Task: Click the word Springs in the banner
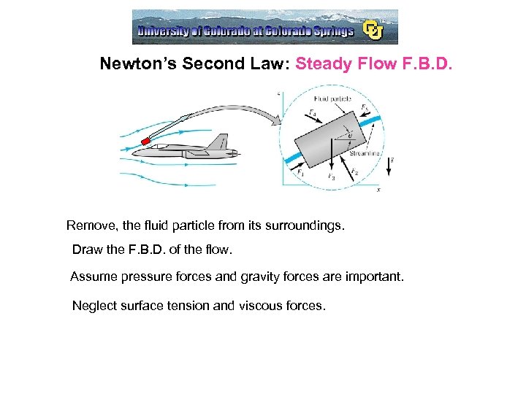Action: [x=328, y=31]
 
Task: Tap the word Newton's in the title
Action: [x=137, y=63]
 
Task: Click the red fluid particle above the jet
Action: [x=146, y=139]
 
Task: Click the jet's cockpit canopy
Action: [x=170, y=146]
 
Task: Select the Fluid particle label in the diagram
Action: [x=332, y=98]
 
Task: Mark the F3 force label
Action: [x=331, y=177]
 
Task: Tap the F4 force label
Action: [x=312, y=112]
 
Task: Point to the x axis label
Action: [x=378, y=189]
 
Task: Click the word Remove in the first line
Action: [x=90, y=225]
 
